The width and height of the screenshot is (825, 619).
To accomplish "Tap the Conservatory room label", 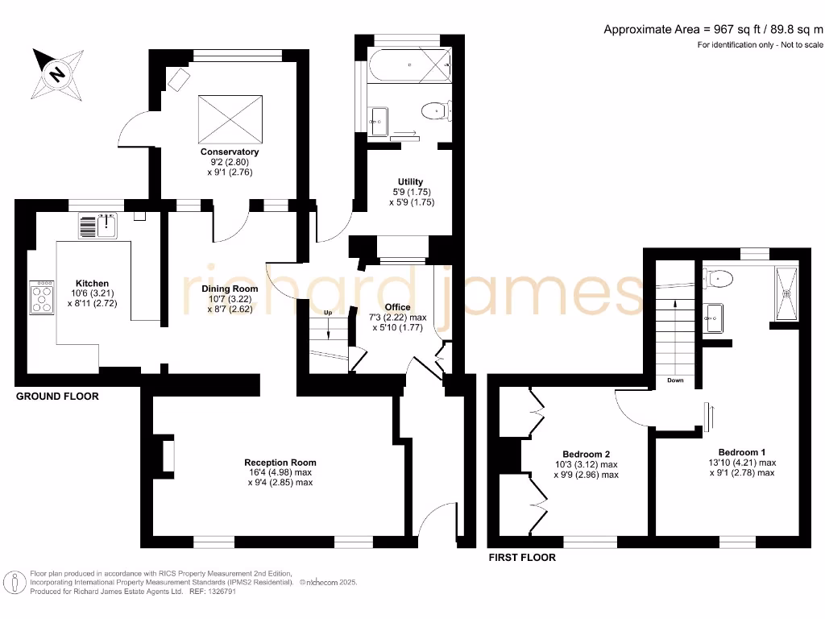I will point(230,152).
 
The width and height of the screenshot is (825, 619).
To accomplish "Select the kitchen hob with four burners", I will point(42,297).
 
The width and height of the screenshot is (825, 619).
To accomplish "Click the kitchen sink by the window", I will point(98,225).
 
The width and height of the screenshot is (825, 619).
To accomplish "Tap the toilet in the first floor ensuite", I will point(719,279).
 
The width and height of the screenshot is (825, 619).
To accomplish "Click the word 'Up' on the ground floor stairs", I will point(327,312).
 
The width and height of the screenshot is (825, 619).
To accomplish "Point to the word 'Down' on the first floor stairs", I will point(675,380).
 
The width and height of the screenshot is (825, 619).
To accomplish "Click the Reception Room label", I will point(280,463).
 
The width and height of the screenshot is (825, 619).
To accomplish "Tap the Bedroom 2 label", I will point(586,453).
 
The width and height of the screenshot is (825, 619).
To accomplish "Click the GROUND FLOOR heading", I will point(57,397).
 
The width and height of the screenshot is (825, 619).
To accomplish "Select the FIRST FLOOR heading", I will point(522,557).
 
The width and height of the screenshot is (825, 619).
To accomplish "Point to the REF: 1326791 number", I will point(211,591).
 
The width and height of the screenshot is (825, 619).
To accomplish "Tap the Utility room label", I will point(410,181).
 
